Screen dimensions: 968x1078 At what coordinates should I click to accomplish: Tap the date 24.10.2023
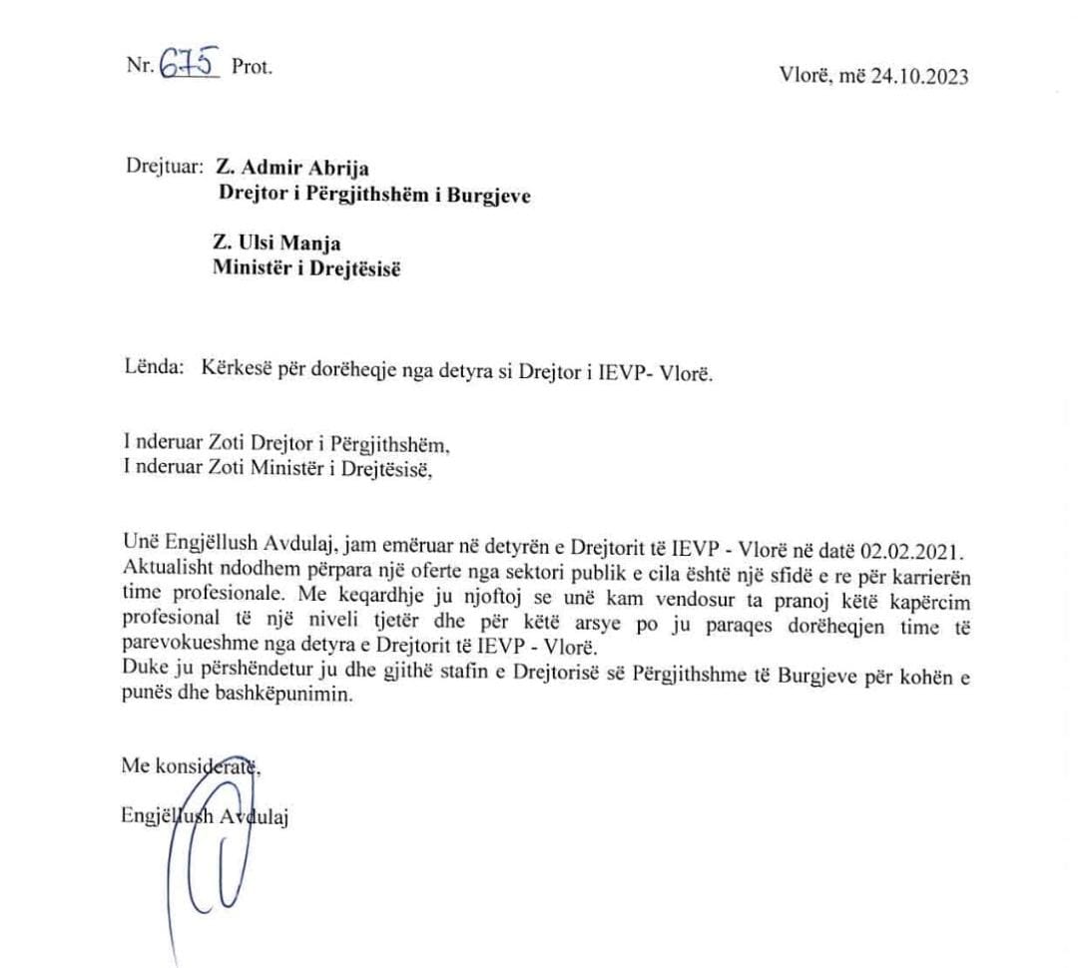[x=918, y=77]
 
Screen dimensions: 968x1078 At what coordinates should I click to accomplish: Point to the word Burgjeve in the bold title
[x=486, y=195]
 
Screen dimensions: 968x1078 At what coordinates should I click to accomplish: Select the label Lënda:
[x=153, y=368]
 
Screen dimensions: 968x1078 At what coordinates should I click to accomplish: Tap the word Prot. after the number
[x=252, y=69]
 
